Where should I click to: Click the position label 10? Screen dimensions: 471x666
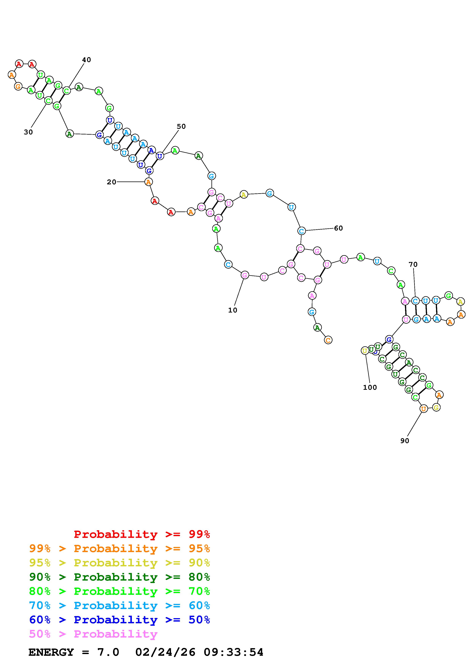coord(232,310)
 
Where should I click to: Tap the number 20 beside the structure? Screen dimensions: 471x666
coord(112,182)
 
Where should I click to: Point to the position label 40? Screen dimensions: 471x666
coord(86,60)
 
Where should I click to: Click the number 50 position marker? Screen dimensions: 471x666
coord(181,126)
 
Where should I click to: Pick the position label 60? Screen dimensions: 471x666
coord(338,228)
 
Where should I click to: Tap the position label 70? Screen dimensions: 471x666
coord(413,264)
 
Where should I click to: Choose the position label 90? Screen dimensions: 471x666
coord(405,441)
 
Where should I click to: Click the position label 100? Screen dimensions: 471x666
coord(370,387)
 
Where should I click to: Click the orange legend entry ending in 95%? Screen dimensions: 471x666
coord(120,548)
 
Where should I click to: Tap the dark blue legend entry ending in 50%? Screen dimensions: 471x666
coord(120,620)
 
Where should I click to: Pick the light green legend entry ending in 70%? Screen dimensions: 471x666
coord(120,591)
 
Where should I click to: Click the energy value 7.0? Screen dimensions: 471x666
coord(108,652)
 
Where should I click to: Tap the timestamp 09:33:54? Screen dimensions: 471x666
coord(234,652)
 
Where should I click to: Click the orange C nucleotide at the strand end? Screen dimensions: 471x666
coord(328,340)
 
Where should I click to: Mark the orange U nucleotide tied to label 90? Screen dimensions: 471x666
coord(424,409)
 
